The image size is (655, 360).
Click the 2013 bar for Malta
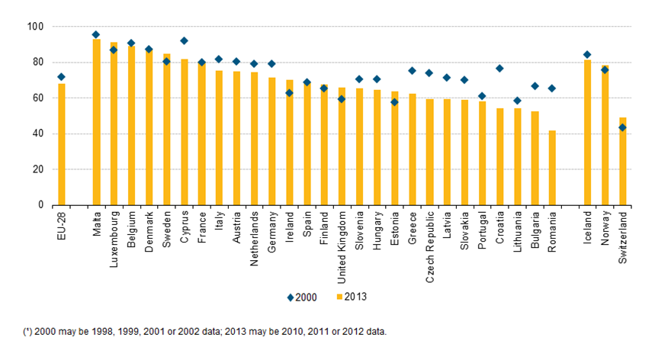(96, 122)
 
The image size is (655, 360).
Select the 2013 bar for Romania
(551, 168)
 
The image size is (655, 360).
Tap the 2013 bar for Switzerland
(622, 161)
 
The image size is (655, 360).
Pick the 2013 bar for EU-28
(61, 144)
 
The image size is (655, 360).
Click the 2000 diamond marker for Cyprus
(184, 40)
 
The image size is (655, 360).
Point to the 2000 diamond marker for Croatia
(499, 69)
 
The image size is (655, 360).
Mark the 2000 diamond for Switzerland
(622, 127)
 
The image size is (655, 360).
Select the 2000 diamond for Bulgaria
(535, 86)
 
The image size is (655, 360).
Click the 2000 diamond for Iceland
(587, 54)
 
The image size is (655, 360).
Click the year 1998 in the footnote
(98, 331)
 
